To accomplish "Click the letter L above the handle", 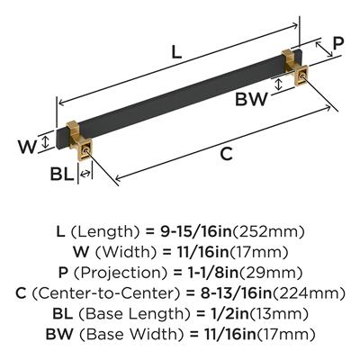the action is click(176, 53).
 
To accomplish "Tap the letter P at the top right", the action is click(338, 45).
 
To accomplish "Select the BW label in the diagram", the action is click(251, 99).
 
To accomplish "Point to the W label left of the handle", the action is click(27, 147).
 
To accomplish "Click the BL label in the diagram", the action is click(62, 174).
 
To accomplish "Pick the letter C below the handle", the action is click(226, 154).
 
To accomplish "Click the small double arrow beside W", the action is click(45, 141).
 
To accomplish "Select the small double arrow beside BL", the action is click(85, 174).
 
